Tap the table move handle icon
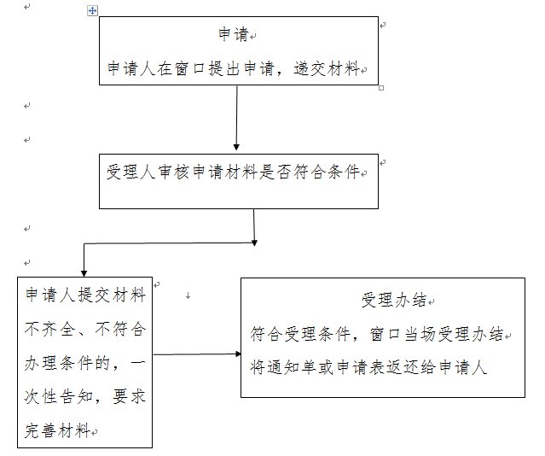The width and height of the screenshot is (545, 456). click(93, 11)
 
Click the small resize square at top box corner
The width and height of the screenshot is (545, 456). click(380, 87)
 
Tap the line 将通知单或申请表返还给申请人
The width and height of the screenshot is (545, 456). click(368, 367)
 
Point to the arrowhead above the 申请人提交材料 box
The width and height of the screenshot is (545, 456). click(83, 272)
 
